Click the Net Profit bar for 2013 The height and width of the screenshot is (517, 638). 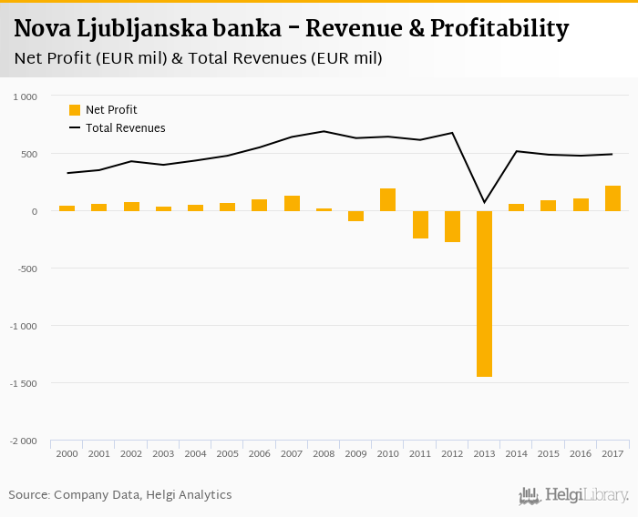pos(484,293)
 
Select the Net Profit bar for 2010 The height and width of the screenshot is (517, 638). pos(388,199)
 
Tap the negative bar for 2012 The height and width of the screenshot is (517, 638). pos(452,227)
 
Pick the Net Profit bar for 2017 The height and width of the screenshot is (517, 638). pos(612,198)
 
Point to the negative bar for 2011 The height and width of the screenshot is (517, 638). pos(420,225)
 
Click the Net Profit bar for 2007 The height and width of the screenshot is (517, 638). pos(292,203)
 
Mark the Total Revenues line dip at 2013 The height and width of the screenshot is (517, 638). pos(484,201)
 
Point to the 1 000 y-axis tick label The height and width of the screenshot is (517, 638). pos(25,96)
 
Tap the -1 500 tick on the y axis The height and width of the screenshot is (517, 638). pos(24,383)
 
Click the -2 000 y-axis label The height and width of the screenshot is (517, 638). pos(24,441)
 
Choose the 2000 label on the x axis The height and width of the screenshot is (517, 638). pos(67,452)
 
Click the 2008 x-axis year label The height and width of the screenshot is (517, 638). pos(324,452)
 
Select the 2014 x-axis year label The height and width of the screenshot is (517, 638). pos(516,452)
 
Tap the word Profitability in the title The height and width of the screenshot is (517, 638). pos(500,29)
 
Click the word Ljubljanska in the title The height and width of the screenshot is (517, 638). pos(156,29)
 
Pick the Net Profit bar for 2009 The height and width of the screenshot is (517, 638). pos(355,216)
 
